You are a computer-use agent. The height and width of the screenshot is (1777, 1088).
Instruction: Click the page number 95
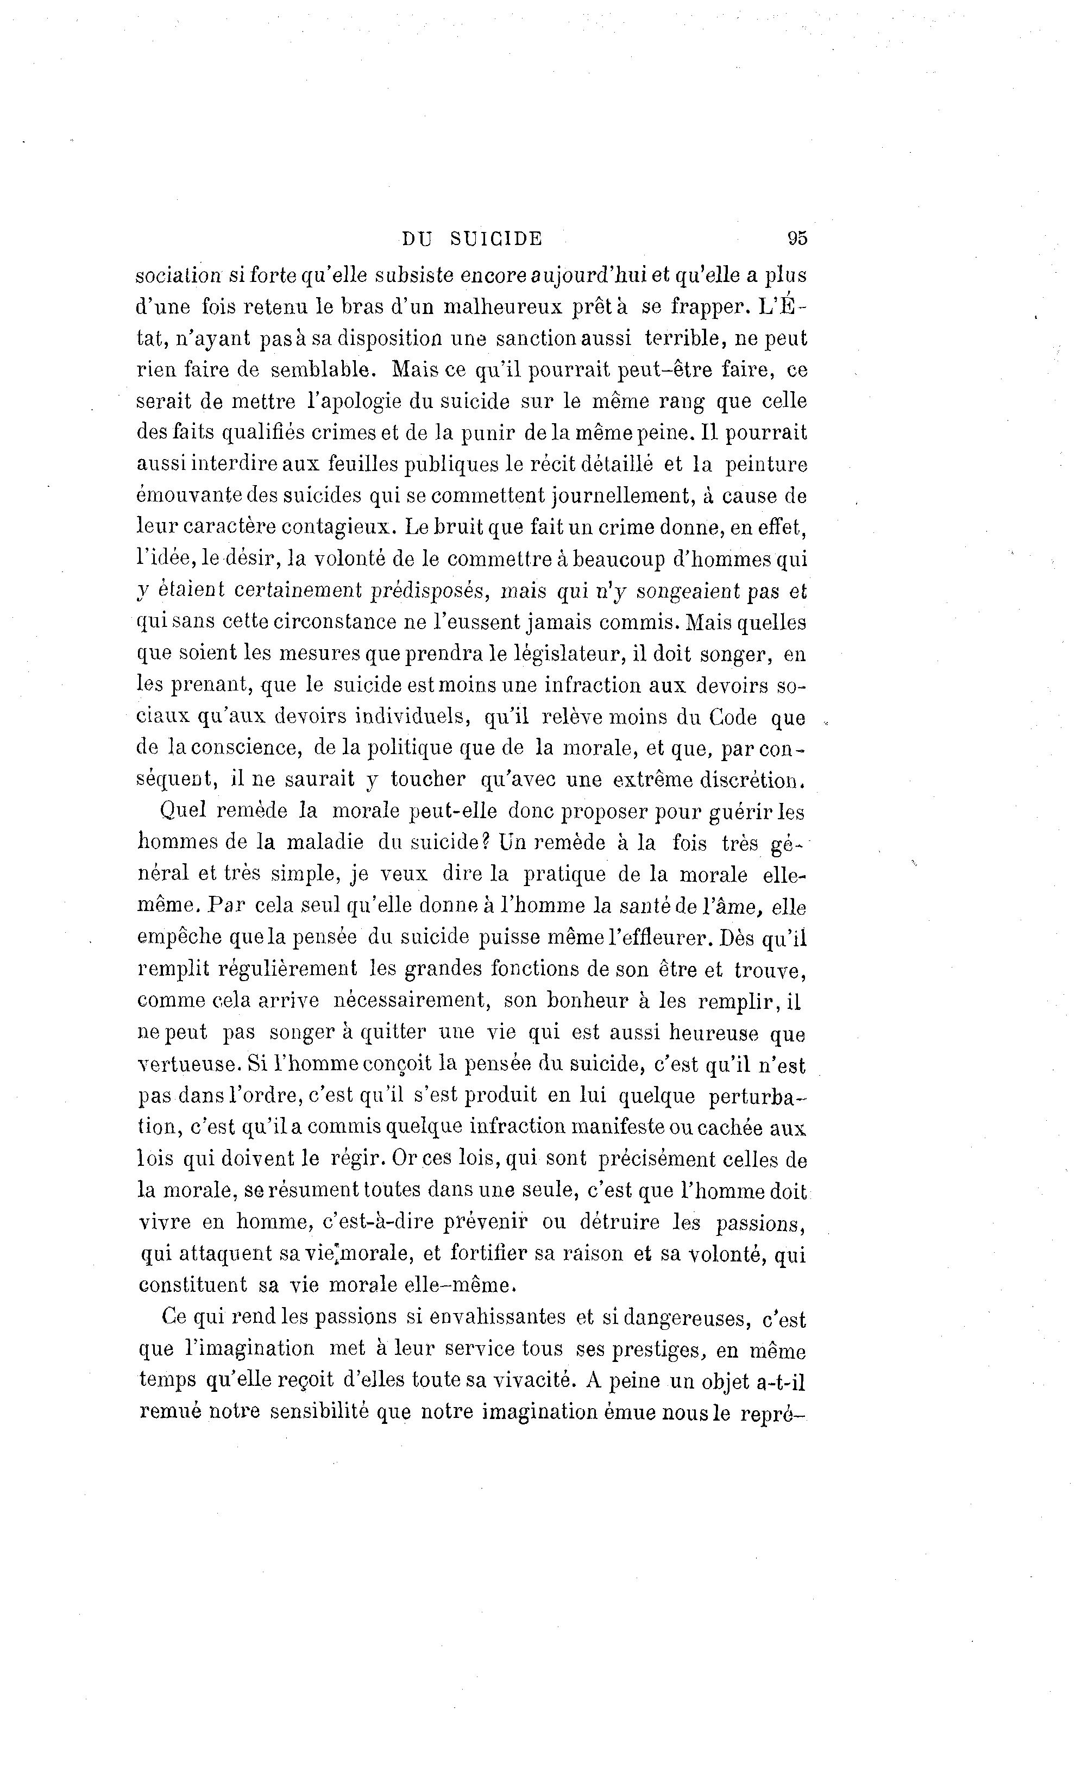click(797, 238)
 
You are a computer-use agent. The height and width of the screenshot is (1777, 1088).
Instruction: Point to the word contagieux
click(338, 526)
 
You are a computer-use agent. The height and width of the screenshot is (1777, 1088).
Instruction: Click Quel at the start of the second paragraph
click(183, 811)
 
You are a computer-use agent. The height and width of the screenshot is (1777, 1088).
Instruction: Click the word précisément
click(656, 1158)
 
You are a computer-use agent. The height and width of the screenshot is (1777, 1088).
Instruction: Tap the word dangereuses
click(685, 1317)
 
